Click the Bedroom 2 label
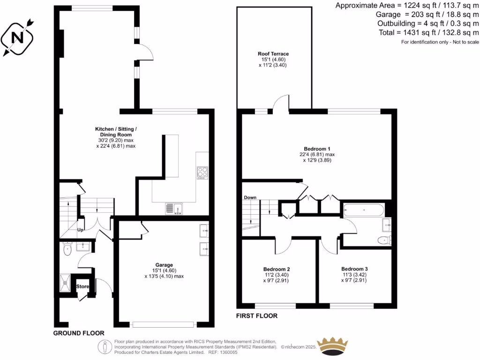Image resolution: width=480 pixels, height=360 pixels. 276,269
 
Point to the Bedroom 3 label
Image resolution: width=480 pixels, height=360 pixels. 354,269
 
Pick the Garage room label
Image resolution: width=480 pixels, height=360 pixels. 164,264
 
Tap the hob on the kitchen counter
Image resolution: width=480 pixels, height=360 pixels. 202,172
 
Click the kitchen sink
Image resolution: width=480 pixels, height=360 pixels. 174,208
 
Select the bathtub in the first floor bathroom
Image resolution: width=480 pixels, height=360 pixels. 364,209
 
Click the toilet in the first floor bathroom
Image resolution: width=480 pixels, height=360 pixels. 383,240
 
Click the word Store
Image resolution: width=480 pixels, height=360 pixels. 82,286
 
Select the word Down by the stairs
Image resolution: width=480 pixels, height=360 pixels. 249,197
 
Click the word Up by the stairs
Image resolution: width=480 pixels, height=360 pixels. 80,230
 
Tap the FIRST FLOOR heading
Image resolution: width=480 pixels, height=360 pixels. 256,316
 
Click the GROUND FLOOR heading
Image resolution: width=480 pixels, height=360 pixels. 78,333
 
